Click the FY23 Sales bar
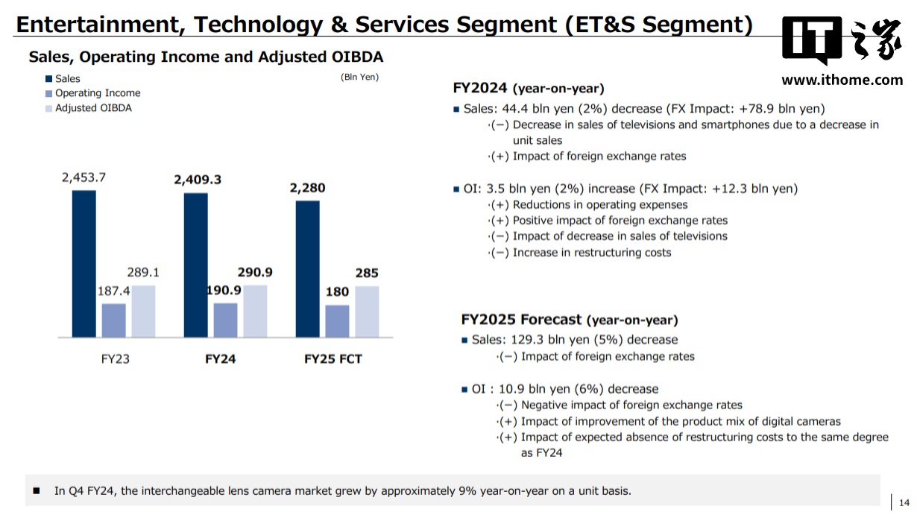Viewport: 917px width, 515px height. point(83,263)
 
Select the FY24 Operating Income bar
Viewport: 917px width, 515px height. point(225,320)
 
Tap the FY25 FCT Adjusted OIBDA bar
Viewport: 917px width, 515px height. point(366,312)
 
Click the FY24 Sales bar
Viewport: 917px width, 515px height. point(195,265)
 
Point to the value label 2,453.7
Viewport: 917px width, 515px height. point(83,177)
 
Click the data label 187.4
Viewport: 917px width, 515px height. point(113,291)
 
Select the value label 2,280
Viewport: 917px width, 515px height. point(307,188)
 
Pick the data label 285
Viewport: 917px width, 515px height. point(366,274)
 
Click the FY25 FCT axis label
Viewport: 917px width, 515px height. point(333,359)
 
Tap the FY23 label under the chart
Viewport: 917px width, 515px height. point(115,359)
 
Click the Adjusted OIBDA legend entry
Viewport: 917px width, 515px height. point(93,108)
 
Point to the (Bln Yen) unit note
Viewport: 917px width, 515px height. point(359,77)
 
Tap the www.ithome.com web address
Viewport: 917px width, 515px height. point(842,80)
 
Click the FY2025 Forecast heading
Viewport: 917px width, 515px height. point(570,320)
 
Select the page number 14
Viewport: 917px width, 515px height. point(904,501)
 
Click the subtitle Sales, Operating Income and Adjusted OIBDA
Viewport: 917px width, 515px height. point(206,57)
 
